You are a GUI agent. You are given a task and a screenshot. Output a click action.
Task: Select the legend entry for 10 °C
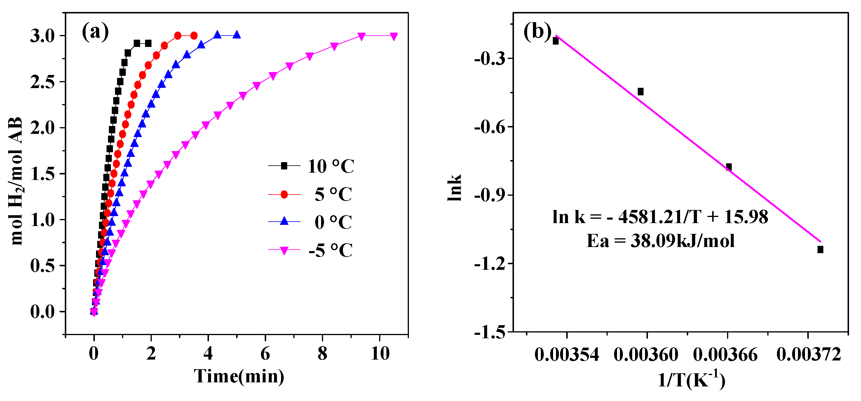331,166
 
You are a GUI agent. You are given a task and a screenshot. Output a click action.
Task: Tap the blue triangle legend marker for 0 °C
284,221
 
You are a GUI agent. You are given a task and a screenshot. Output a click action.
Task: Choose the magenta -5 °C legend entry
330,250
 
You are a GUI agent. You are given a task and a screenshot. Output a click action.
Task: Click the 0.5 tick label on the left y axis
42,266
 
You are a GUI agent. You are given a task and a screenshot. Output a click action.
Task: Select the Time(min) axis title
239,377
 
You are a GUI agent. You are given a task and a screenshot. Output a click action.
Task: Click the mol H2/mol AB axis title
16,181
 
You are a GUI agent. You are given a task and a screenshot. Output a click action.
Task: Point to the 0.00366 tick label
725,355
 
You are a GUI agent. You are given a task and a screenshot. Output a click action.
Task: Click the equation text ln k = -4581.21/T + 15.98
660,217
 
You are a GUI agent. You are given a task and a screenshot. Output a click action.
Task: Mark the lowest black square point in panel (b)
820,249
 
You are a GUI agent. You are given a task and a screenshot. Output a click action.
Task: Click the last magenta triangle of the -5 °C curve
394,36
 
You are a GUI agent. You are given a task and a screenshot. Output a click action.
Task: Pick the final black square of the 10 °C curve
148,43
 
